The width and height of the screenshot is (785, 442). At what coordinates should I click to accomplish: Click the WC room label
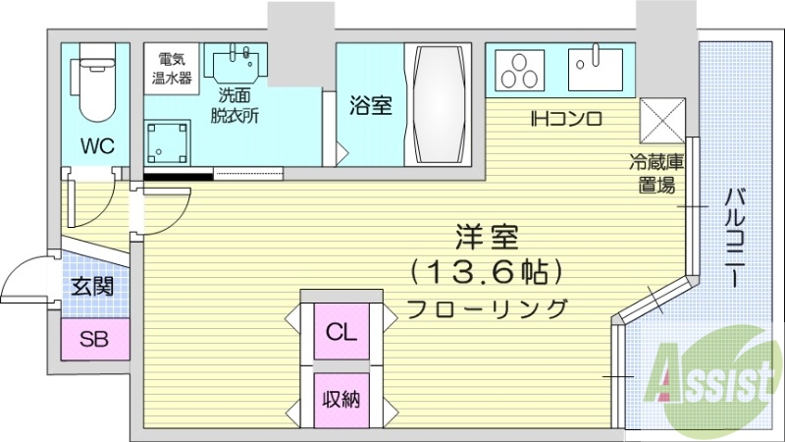coord(97,146)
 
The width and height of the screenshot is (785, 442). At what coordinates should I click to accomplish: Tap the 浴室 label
coord(371,105)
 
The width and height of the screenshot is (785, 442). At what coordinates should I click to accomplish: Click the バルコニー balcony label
coord(733,235)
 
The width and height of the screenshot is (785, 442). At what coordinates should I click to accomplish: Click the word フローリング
coord(487,307)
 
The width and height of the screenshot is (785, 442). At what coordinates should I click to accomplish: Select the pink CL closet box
coord(341,332)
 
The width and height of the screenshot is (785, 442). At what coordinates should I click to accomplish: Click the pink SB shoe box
coord(94,340)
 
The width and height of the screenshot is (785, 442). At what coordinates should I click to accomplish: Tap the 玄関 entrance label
coord(92,287)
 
